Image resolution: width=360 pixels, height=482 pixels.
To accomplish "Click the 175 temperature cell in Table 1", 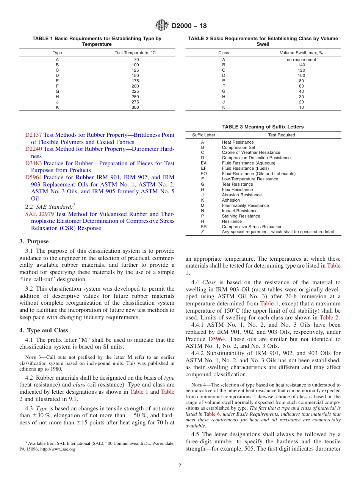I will pos(135,81).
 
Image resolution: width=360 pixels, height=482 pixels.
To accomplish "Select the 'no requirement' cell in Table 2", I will pos(301,59).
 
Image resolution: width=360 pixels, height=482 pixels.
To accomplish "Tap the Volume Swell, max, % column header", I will pos(301,53).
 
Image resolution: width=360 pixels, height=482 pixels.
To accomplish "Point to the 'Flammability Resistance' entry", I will pos(245,205).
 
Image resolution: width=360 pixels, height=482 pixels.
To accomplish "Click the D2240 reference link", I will pos(33,149).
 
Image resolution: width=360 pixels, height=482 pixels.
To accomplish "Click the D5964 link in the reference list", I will pos(33,177).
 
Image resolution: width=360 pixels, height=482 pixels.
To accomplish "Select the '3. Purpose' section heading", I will pos(34,241).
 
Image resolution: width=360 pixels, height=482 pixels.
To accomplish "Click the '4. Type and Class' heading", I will pos(44,330).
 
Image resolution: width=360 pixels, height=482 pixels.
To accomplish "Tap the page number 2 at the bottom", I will pos(180,466).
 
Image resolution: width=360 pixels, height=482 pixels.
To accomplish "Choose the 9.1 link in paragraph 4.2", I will pos(73,399).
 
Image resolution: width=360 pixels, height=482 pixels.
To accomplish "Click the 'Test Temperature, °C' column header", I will pos(135,53).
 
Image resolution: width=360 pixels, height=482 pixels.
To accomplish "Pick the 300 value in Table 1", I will pos(135,107).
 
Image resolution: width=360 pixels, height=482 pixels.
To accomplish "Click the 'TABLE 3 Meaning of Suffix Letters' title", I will pos(263,127).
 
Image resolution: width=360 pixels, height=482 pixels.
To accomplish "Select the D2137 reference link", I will pos(33,135).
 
